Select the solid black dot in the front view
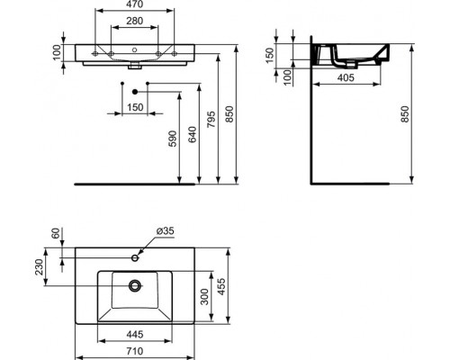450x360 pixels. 134,93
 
